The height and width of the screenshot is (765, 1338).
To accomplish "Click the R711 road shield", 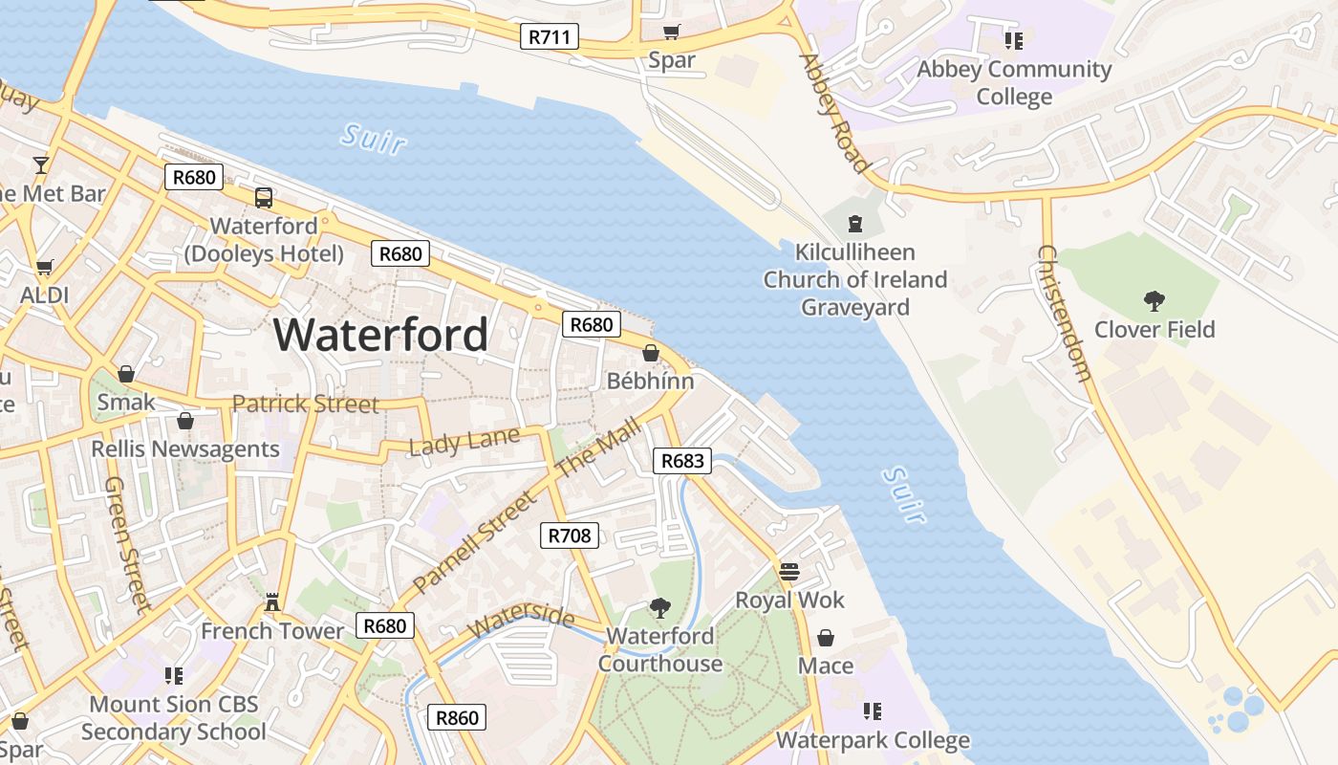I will [x=550, y=37].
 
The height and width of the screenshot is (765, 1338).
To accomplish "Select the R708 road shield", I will [x=570, y=535].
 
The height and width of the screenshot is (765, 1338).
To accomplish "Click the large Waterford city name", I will [x=381, y=335].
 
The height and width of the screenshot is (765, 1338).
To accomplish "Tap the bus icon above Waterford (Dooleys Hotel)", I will [x=264, y=198].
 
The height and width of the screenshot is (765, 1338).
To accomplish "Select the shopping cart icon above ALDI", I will [x=44, y=267].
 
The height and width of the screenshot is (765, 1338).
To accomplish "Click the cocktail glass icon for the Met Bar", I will [x=40, y=164].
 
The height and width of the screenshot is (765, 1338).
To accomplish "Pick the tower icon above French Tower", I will [x=272, y=602].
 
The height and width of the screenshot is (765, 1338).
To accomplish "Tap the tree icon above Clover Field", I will [x=1155, y=301].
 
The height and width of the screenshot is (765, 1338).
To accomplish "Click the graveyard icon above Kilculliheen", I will [x=855, y=224].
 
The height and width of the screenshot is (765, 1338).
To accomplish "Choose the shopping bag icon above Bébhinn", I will [x=651, y=353].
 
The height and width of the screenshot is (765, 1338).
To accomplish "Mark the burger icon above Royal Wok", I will [x=789, y=572].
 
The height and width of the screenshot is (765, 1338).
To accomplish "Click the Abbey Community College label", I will [x=1014, y=82].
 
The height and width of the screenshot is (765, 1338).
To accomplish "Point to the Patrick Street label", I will [x=305, y=404].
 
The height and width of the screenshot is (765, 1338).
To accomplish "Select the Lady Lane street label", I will [x=464, y=442].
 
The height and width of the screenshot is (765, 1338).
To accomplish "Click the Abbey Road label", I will [x=834, y=113].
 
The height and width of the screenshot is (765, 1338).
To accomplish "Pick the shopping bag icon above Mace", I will [x=826, y=637].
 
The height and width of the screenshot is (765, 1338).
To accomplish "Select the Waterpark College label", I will [x=873, y=740].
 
